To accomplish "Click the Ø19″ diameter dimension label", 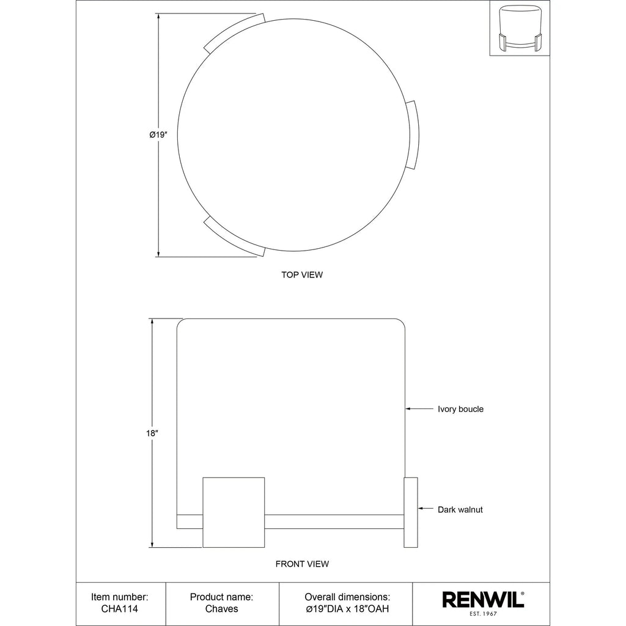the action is (158, 135).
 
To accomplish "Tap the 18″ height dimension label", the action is (152, 433).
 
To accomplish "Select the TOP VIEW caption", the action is (302, 274).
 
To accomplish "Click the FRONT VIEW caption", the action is (302, 564).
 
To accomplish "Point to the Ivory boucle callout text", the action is (461, 409).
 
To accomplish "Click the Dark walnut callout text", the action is (460, 509).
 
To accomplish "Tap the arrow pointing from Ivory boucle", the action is (419, 408).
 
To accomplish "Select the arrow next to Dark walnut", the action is (425, 508).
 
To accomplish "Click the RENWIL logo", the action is (483, 600).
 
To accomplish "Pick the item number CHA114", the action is (120, 609).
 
